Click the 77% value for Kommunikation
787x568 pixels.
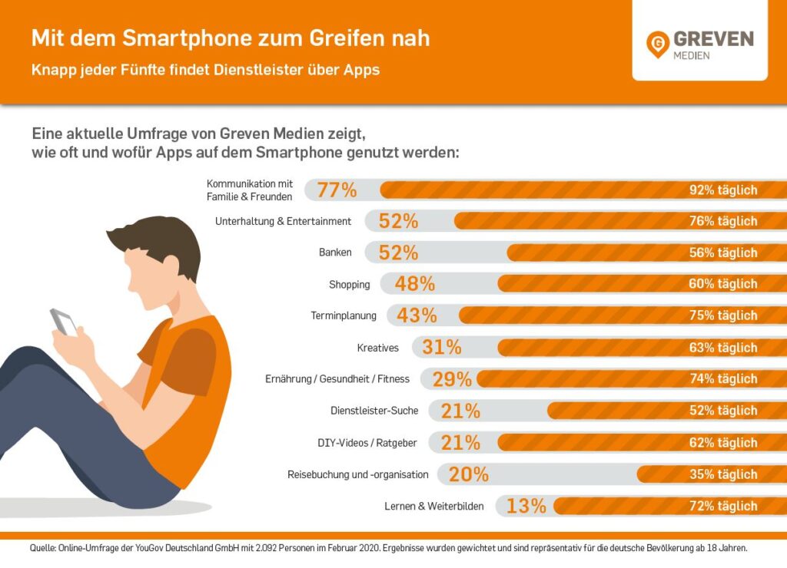pos(337,190)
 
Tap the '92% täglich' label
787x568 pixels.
pos(723,190)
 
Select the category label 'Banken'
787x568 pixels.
pos(335,253)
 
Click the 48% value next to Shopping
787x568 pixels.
pos(415,284)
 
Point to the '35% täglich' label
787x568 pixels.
pos(723,474)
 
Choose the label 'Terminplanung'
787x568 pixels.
pos(344,315)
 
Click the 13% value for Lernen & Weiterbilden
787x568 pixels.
pos(526,506)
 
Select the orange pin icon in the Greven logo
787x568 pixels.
pos(657,45)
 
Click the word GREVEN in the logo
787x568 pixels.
pos(713,39)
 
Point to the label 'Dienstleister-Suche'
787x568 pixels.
pos(374,411)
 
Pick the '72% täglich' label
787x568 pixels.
pos(723,506)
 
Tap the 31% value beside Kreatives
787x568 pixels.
pos(442,348)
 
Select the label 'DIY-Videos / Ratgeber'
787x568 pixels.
pos(367,443)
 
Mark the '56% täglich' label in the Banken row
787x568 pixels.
pos(723,253)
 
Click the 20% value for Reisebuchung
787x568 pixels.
pos(469,474)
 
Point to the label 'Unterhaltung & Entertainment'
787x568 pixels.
pos(284,221)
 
